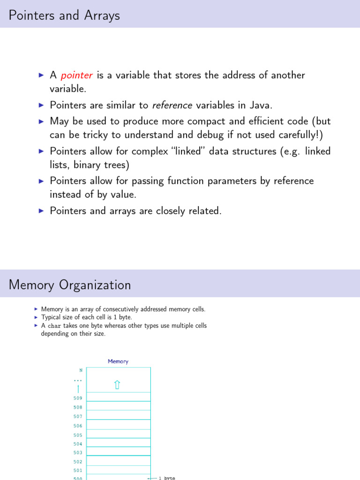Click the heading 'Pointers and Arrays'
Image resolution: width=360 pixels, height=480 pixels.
click(64, 15)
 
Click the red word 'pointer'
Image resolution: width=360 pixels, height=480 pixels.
click(76, 75)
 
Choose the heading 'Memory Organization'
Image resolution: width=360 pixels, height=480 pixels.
click(70, 285)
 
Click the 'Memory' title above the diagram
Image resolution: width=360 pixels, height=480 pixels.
click(118, 361)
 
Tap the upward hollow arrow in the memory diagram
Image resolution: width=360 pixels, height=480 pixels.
click(117, 385)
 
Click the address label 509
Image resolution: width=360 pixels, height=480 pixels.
click(78, 398)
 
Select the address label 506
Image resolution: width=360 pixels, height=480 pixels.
click(78, 426)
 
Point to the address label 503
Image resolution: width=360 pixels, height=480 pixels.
click(78, 453)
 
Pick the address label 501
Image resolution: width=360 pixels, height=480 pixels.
click(78, 470)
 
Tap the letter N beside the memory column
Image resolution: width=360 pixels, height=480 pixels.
click(81, 370)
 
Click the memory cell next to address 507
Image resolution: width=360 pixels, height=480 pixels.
click(118, 415)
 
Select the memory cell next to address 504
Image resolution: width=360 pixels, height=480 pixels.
click(118, 442)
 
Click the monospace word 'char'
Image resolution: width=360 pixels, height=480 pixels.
click(53, 326)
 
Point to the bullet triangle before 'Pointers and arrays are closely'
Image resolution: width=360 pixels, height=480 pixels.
click(41, 211)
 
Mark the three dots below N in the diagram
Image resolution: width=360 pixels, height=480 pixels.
click(78, 380)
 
